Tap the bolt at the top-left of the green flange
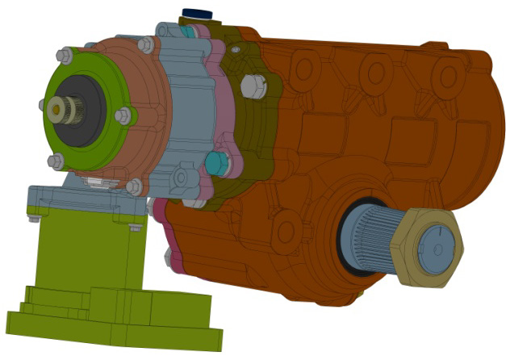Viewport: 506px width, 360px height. (x=63, y=56)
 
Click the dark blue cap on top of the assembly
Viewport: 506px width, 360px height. (x=196, y=15)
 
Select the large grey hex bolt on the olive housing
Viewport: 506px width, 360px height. (x=253, y=83)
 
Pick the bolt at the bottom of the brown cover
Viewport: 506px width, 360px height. (x=134, y=187)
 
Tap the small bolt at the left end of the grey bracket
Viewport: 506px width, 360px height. (x=34, y=216)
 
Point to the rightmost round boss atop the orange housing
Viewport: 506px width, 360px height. (x=446, y=74)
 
